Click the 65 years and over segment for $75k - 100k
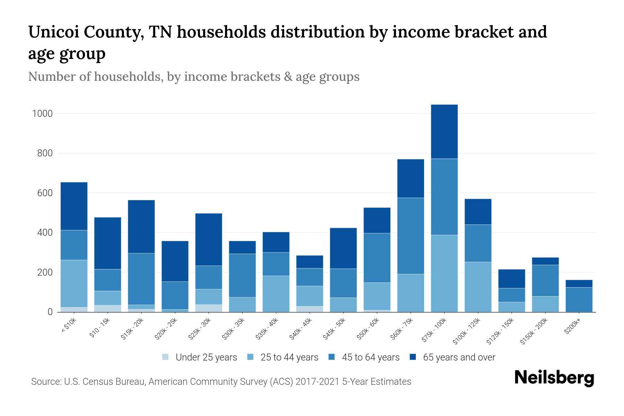click(444, 132)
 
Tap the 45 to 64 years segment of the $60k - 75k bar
click(410, 236)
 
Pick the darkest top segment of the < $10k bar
click(74, 206)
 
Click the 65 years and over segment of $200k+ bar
click(579, 284)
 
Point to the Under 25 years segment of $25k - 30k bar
click(209, 308)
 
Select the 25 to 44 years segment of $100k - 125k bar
click(478, 287)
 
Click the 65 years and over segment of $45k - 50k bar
click(343, 248)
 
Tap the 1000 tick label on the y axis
click(42, 114)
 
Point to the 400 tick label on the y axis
click(45, 233)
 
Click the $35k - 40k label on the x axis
click(267, 329)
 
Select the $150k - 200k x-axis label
click(534, 331)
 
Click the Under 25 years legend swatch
click(166, 357)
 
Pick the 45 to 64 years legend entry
click(370, 357)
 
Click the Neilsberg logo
click(554, 378)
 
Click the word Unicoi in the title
click(52, 33)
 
